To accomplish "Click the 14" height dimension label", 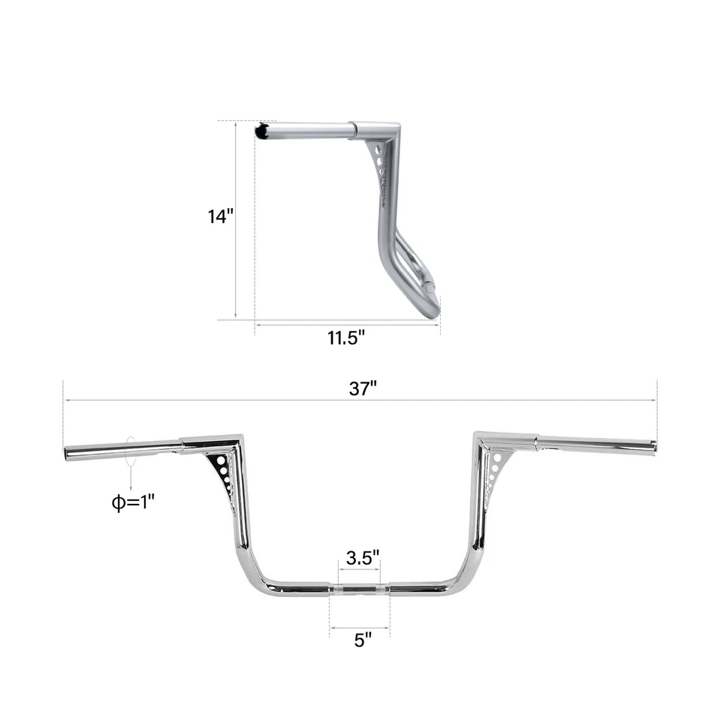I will tap(221, 217).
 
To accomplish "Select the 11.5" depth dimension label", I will tap(345, 337).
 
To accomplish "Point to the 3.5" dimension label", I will tap(362, 558).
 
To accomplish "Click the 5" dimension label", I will tap(363, 639).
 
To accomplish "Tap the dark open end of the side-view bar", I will tap(261, 131).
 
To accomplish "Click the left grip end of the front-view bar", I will tap(69, 454).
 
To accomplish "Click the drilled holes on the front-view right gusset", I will tap(493, 469).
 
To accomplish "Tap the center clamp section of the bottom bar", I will tap(360, 588).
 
